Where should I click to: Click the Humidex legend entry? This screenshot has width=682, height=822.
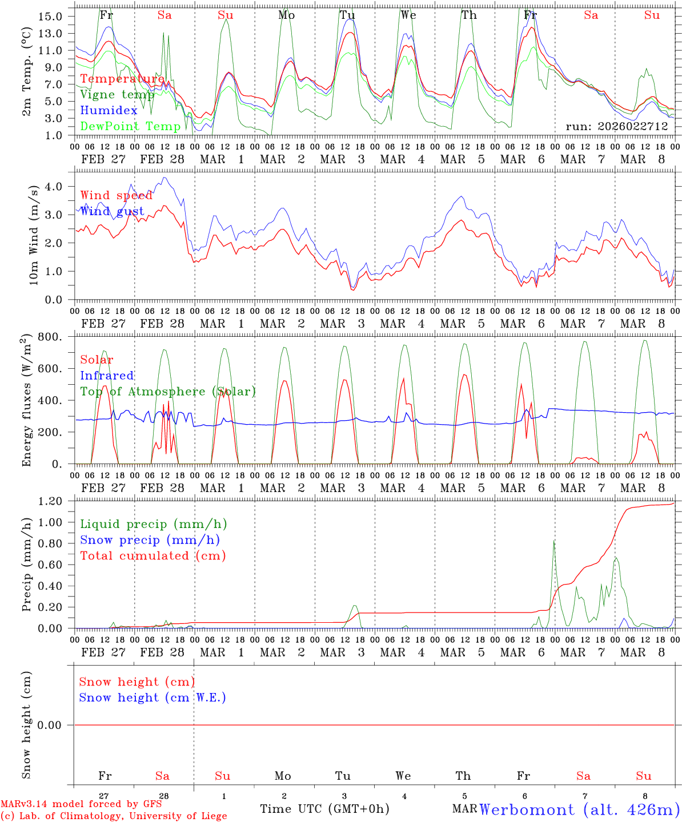coord(109,111)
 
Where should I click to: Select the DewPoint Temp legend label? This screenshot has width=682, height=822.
coord(130,126)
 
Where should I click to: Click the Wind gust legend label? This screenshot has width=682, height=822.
coord(112,212)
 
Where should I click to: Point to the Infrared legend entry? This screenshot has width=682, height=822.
coord(107,376)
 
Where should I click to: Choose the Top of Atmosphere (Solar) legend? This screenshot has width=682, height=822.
coord(168,392)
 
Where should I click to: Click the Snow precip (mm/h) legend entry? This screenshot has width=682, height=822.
coord(150,540)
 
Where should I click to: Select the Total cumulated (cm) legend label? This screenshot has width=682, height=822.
coord(153,555)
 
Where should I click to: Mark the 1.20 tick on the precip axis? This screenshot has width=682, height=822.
coord(50,501)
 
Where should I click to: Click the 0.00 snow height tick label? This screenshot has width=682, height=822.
coord(56,725)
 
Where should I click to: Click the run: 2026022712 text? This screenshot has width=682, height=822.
coord(617,126)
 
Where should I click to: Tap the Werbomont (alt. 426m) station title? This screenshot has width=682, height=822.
coord(579,809)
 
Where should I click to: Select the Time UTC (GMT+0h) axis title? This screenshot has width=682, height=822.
coord(324,809)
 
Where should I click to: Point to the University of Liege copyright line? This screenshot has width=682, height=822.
coord(114,816)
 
